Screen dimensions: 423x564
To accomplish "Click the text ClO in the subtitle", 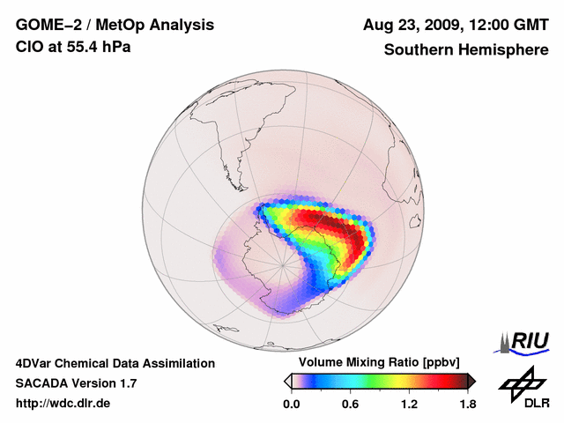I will pyautogui.click(x=28, y=46).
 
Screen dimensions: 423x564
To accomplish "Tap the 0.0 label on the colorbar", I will pyautogui.click(x=291, y=404).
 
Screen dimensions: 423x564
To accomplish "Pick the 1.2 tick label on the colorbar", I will pyautogui.click(x=408, y=404).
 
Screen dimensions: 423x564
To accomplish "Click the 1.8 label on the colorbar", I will pyautogui.click(x=467, y=404).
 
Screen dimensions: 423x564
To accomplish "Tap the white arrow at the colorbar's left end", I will pyautogui.click(x=287, y=381).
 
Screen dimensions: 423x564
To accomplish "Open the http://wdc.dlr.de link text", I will pyautogui.click(x=63, y=404).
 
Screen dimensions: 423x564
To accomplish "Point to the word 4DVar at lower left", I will pyautogui.click(x=34, y=363).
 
